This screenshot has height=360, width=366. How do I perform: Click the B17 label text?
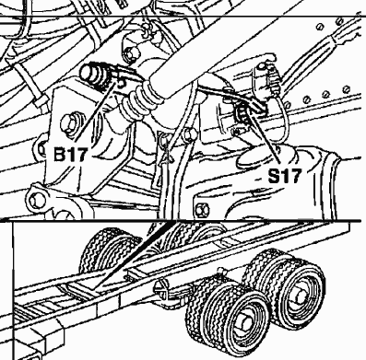(70, 155)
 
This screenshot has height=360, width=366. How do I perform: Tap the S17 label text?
(284, 176)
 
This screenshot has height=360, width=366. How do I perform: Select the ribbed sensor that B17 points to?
(95, 75)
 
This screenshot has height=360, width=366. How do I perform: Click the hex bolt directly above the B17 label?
(71, 123)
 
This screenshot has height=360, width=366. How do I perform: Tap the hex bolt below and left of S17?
(202, 210)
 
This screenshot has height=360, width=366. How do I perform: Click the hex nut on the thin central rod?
(189, 134)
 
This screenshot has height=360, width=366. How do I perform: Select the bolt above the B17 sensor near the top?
(132, 53)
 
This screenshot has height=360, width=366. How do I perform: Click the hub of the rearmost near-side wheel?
(301, 296)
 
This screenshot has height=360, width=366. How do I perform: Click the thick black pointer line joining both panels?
(133, 254)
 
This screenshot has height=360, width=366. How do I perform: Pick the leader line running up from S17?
(265, 137)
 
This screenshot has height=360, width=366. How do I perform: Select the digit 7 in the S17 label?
(293, 176)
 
